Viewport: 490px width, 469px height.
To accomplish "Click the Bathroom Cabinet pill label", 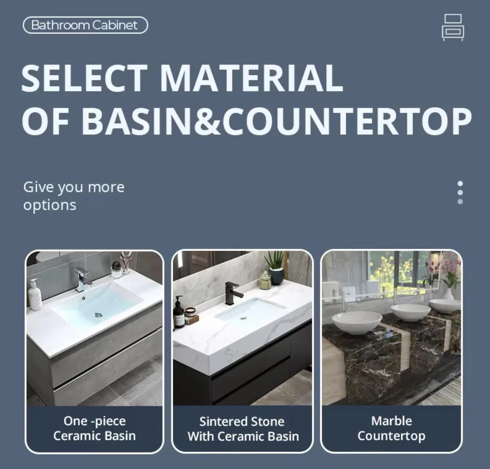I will click(85, 25).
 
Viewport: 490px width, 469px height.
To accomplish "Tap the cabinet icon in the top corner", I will click(453, 27).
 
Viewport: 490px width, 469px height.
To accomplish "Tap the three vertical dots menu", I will click(459, 192).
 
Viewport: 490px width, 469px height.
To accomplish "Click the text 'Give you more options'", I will click(73, 196).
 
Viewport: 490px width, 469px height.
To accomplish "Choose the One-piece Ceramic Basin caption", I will click(94, 428).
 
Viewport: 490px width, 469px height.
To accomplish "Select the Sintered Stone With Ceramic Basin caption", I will click(243, 429).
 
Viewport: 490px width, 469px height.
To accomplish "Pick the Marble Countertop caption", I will click(391, 428).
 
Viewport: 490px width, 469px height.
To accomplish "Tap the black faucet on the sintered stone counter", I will click(232, 292).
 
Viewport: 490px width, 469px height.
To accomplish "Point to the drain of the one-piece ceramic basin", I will click(98, 315).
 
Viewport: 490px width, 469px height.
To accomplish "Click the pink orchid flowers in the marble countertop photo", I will click(451, 268).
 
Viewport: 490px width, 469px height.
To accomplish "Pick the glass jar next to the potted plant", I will click(264, 280).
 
